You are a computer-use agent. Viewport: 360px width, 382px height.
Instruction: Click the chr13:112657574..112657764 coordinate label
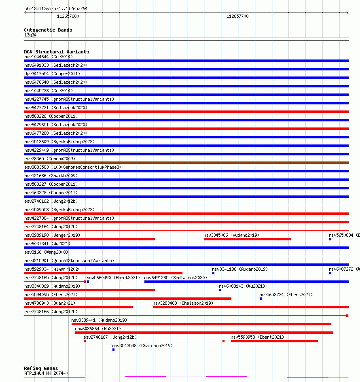pyautogui.click(x=56, y=8)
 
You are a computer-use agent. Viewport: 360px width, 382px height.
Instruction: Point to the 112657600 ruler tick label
pyautogui.click(x=68, y=17)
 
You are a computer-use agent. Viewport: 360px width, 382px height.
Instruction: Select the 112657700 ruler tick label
pyautogui.click(x=237, y=17)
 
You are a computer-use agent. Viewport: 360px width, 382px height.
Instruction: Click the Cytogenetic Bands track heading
pyautogui.click(x=48, y=30)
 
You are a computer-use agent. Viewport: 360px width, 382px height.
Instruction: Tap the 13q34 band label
pyautogui.click(x=30, y=35)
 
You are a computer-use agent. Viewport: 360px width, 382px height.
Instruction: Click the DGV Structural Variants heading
pyautogui.click(x=56, y=52)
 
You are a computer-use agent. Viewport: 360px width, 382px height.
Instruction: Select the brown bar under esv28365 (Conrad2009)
pyautogui.click(x=186, y=163)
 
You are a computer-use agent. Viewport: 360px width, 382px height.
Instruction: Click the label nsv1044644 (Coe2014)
pyautogui.click(x=49, y=57)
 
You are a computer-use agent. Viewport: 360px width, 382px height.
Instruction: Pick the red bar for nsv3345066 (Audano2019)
pyautogui.click(x=247, y=239)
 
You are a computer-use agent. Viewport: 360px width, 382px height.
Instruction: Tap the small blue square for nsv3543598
pyautogui.click(x=114, y=349)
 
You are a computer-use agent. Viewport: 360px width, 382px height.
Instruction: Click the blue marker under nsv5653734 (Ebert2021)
pyautogui.click(x=261, y=299)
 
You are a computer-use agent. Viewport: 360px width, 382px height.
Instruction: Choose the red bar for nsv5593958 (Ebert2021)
pyautogui.click(x=274, y=341)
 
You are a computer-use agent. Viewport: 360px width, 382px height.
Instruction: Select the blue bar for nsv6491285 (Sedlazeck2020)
pyautogui.click(x=246, y=282)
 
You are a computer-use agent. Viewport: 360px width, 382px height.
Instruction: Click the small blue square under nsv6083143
pyautogui.click(x=220, y=290)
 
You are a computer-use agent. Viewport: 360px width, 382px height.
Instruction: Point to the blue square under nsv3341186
pyautogui.click(x=214, y=273)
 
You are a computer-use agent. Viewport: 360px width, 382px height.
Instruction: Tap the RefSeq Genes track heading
pyautogui.click(x=41, y=369)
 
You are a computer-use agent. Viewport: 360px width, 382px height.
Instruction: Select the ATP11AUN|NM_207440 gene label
pyautogui.click(x=46, y=373)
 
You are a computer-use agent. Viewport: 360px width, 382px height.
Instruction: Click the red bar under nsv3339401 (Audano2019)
pyautogui.click(x=201, y=324)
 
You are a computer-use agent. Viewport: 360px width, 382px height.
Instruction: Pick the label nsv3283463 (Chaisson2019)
pyautogui.click(x=182, y=303)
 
